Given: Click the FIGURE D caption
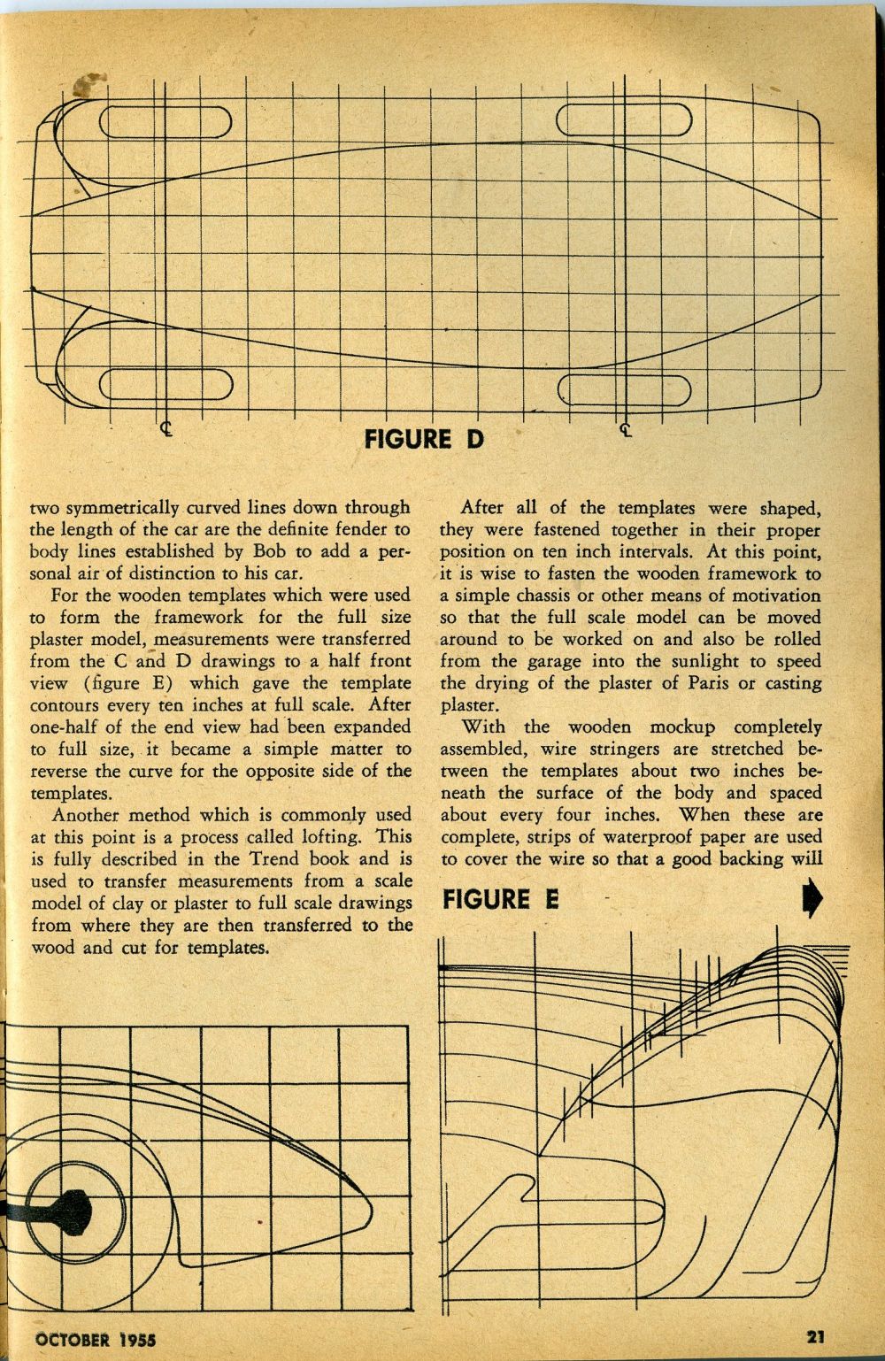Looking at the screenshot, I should point(425,438).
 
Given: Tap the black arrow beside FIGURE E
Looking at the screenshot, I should point(812,900).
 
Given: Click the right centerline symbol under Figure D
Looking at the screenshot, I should point(627,431).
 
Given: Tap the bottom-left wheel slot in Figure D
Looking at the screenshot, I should point(165,384).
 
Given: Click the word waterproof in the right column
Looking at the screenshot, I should point(623,837).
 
